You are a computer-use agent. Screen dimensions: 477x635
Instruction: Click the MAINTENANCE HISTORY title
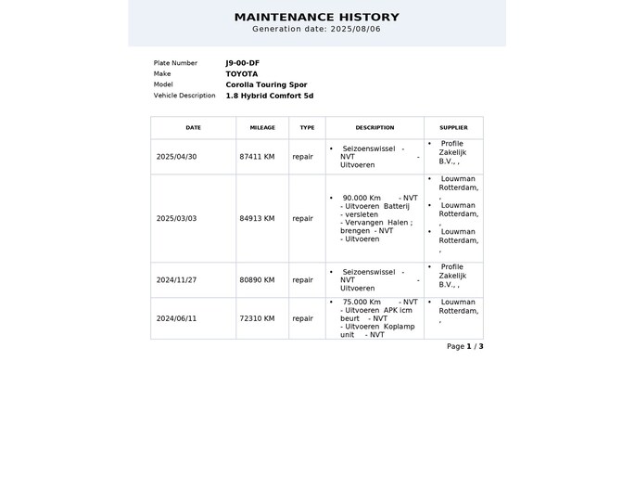(317, 17)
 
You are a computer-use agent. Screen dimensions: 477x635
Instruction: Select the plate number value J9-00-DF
(242, 63)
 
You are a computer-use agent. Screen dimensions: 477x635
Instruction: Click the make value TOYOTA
(242, 73)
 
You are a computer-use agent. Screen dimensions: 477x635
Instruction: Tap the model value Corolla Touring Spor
(266, 84)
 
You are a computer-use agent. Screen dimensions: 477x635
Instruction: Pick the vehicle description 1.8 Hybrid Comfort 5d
(270, 96)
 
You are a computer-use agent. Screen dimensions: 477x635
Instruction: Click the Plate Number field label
(175, 63)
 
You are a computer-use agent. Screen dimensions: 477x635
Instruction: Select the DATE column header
(193, 128)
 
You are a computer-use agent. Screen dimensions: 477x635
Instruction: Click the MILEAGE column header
(262, 128)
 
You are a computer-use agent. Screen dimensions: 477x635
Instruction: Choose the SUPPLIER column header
(453, 128)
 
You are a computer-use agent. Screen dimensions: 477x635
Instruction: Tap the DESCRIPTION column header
(375, 128)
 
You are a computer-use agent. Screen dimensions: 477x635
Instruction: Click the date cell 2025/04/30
(177, 157)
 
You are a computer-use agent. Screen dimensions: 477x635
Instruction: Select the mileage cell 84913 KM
(257, 219)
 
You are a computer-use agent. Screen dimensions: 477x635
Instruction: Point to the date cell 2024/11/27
(177, 279)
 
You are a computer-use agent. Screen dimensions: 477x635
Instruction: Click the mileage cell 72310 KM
(257, 318)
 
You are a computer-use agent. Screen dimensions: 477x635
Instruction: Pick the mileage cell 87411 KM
(257, 157)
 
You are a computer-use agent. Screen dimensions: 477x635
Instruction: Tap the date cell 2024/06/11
(177, 318)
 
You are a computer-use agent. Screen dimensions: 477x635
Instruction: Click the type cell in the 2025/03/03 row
(303, 219)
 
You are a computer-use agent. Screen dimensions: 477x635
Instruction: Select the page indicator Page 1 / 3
(465, 346)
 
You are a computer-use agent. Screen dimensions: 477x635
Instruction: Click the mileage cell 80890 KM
(257, 279)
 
